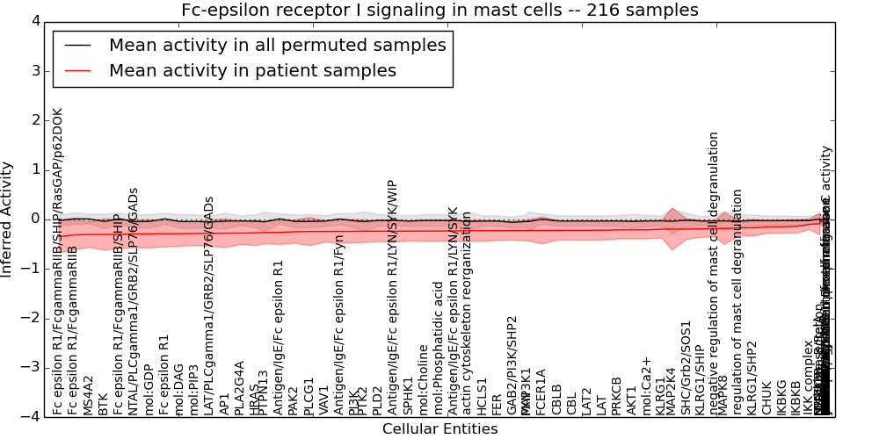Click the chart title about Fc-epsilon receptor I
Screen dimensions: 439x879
tap(439, 11)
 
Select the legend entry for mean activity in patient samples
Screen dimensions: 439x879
tap(252, 71)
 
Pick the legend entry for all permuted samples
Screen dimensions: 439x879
tap(277, 46)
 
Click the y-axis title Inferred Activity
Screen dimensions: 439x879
tap(7, 219)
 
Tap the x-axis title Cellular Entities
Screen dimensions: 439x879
tap(439, 429)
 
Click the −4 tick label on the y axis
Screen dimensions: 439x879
tap(31, 416)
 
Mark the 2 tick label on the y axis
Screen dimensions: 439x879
tap(34, 119)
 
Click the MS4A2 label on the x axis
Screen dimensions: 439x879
tap(88, 395)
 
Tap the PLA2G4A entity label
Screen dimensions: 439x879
tap(239, 387)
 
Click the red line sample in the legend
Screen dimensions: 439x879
tap(76, 71)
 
